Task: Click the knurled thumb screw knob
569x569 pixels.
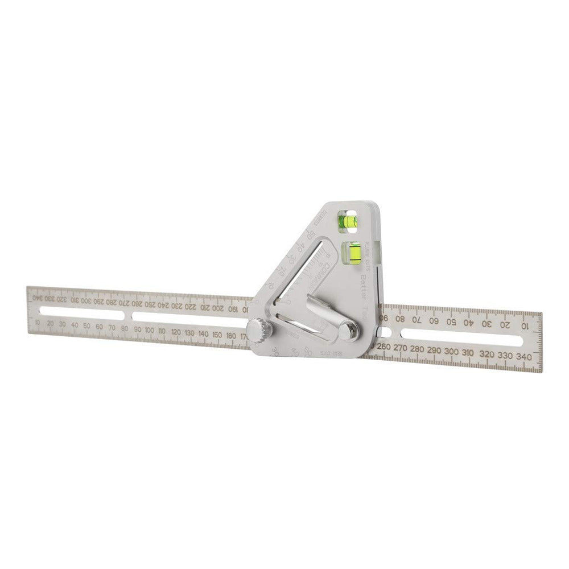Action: click(x=258, y=330)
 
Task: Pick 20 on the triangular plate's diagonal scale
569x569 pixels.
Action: click(x=283, y=273)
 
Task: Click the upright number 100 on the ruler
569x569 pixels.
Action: click(x=149, y=330)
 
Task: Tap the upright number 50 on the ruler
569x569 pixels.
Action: click(x=87, y=326)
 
